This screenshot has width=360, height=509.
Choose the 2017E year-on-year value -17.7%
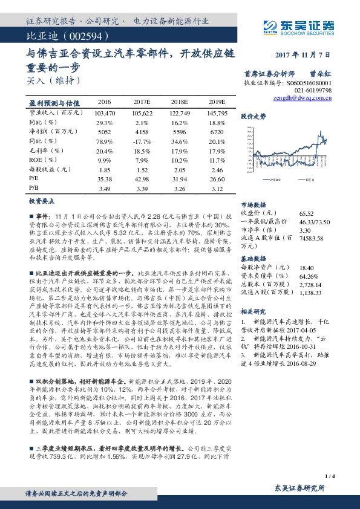pos(142,141)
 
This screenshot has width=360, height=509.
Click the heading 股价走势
pos(254,115)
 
